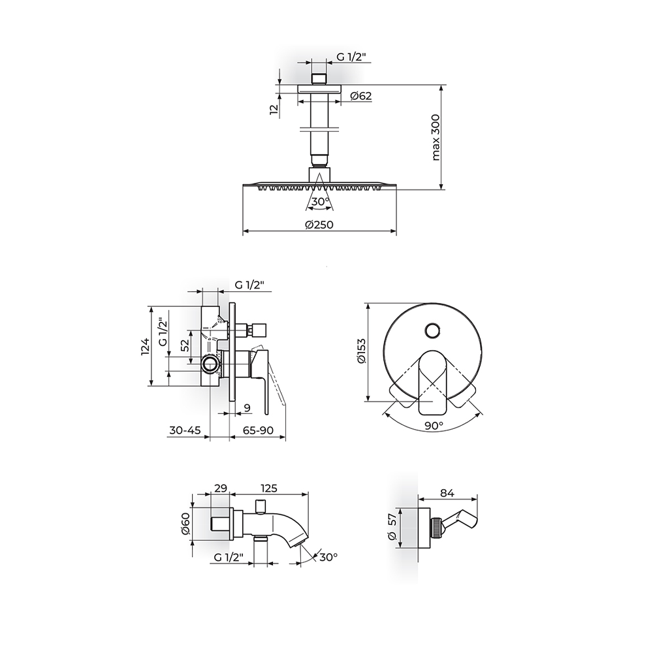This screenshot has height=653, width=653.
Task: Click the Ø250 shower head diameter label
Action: [x=319, y=225]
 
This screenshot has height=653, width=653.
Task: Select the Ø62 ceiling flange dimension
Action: [x=361, y=96]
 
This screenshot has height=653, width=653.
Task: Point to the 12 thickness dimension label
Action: [x=274, y=110]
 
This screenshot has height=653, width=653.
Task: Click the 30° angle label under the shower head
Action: [x=321, y=202]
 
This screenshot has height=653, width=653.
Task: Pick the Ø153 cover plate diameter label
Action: [x=361, y=351]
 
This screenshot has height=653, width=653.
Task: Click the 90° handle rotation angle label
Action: [x=434, y=426]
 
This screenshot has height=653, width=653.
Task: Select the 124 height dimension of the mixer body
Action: [x=144, y=347]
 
